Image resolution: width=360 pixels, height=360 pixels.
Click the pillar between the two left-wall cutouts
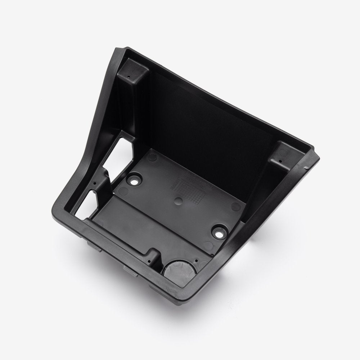[x=104, y=180]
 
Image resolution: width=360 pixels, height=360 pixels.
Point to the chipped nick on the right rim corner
[x=306, y=167]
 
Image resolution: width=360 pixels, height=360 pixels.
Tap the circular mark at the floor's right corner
[x=236, y=206]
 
